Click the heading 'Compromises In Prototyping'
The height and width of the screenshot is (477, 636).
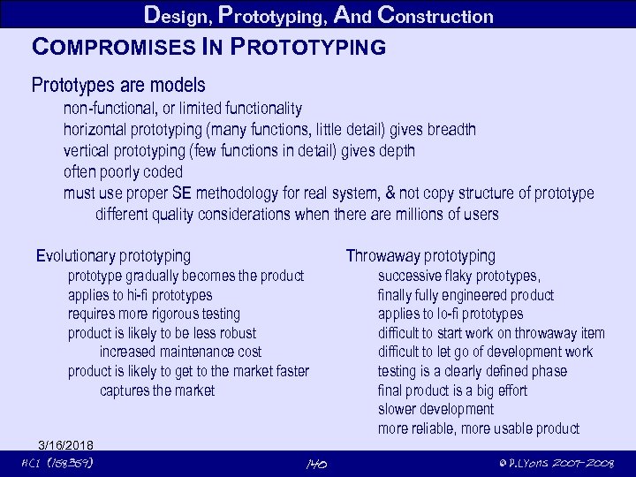click(x=208, y=46)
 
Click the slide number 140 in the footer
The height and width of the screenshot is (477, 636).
click(x=316, y=464)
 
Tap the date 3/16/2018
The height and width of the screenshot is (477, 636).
click(x=65, y=443)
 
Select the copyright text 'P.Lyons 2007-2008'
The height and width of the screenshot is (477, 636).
click(x=555, y=464)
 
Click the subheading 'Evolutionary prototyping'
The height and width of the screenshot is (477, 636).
click(x=113, y=256)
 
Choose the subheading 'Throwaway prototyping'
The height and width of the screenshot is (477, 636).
click(x=420, y=256)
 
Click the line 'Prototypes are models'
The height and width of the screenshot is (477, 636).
click(x=118, y=86)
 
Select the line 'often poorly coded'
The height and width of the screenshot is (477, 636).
click(x=123, y=171)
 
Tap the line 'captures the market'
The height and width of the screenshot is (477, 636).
click(x=157, y=390)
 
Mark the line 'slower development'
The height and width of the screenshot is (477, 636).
click(x=435, y=409)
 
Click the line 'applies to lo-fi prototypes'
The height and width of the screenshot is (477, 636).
click(x=450, y=314)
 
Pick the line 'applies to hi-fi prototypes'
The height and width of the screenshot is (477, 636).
click(x=140, y=295)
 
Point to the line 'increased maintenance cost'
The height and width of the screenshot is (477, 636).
click(x=180, y=352)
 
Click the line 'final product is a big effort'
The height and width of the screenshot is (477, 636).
click(x=452, y=390)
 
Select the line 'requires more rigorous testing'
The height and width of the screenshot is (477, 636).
click(x=154, y=314)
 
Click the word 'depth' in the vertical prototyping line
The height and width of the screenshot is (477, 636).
click(x=396, y=151)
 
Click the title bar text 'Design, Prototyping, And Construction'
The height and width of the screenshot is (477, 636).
click(x=318, y=15)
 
